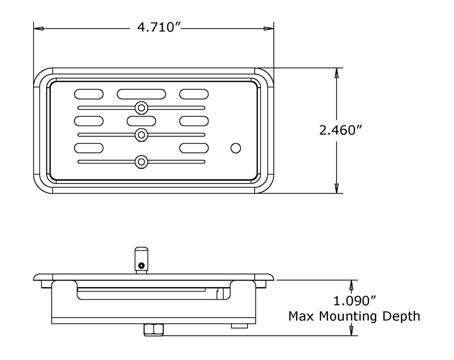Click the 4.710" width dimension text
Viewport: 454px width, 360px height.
pyautogui.click(x=159, y=27)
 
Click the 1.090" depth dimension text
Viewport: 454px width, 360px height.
pyautogui.click(x=355, y=301)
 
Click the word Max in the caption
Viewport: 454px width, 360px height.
pyautogui.click(x=301, y=316)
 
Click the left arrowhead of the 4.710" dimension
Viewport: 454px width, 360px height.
pyautogui.click(x=39, y=28)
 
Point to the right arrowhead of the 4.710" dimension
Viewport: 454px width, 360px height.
pyautogui.click(x=268, y=28)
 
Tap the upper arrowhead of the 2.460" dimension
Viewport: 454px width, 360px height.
pyautogui.click(x=337, y=73)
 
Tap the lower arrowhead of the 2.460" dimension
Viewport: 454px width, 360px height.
pyautogui.click(x=337, y=188)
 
